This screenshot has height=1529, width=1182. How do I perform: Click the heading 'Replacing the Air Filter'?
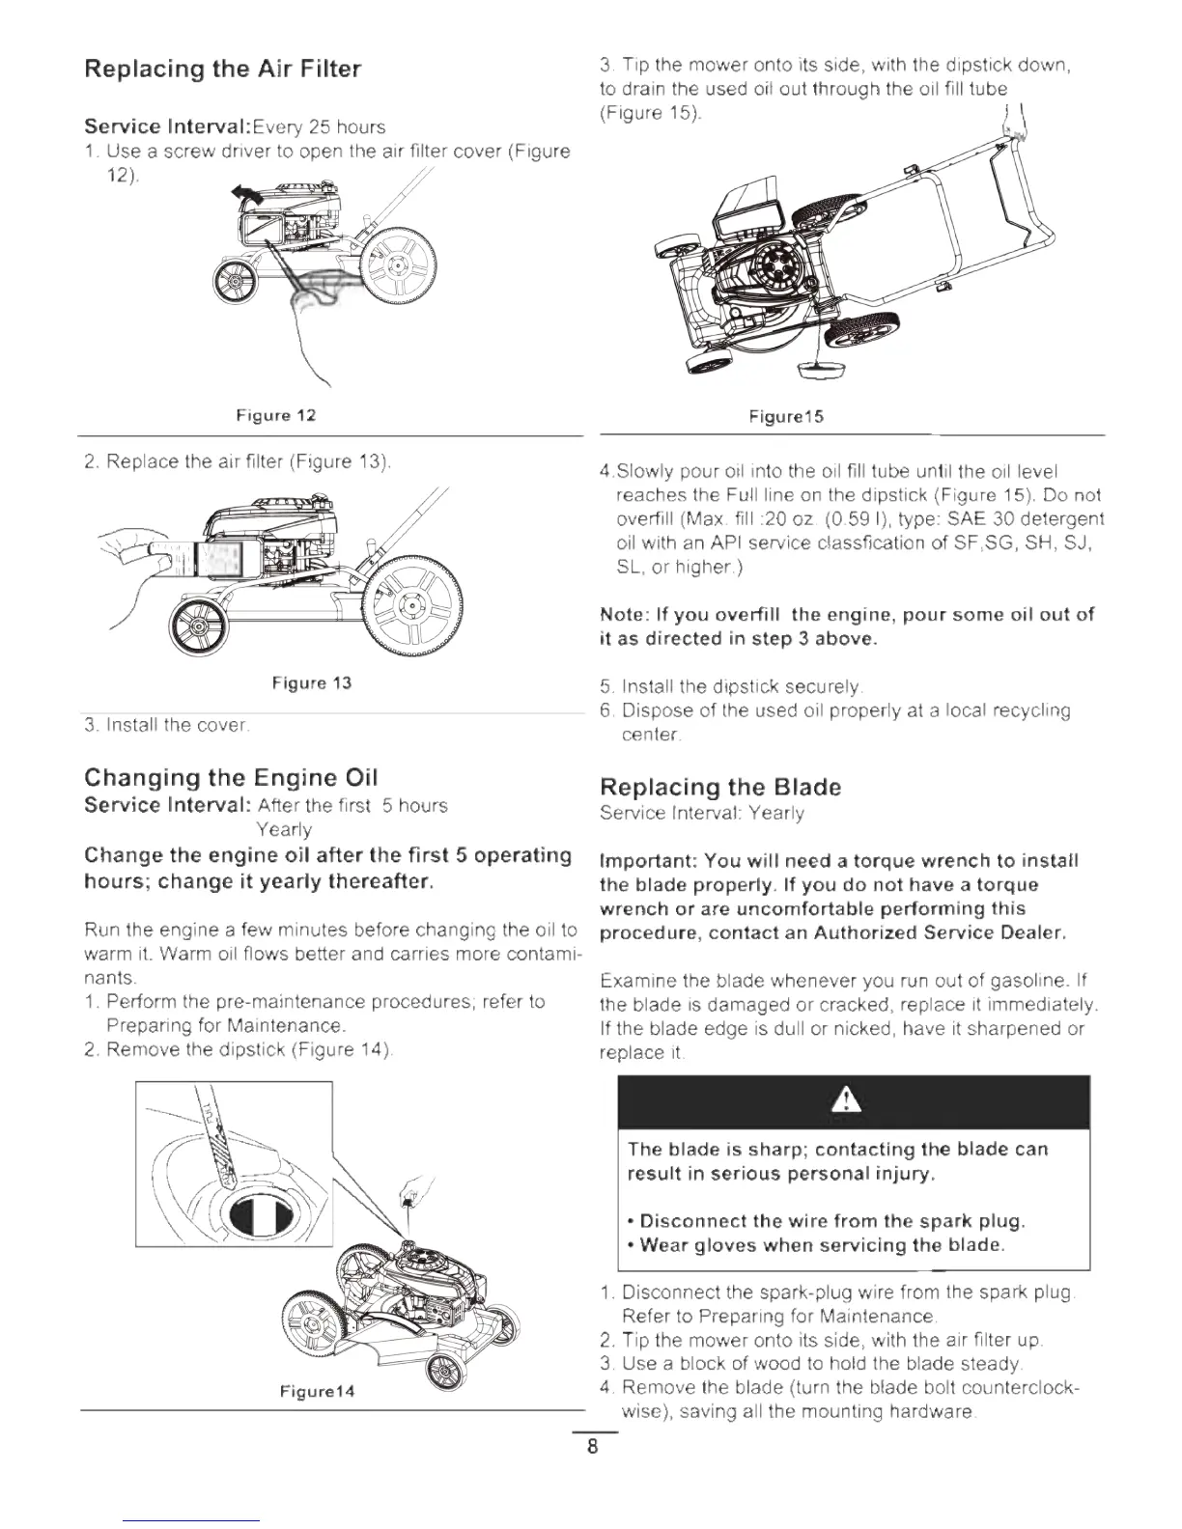click(x=222, y=69)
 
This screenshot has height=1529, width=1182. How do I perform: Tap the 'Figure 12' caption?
click(x=276, y=416)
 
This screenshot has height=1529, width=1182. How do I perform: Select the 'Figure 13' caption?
click(x=311, y=683)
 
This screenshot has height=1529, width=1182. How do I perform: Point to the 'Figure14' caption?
click(x=317, y=1391)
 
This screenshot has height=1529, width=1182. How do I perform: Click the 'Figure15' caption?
click(x=786, y=417)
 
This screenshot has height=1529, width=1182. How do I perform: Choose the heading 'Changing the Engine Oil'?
click(x=231, y=778)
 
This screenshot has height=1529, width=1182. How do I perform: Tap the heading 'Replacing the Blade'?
click(x=719, y=788)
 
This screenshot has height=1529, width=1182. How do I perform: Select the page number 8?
click(x=592, y=1447)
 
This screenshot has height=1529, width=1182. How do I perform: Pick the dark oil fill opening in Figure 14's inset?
click(x=256, y=1219)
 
